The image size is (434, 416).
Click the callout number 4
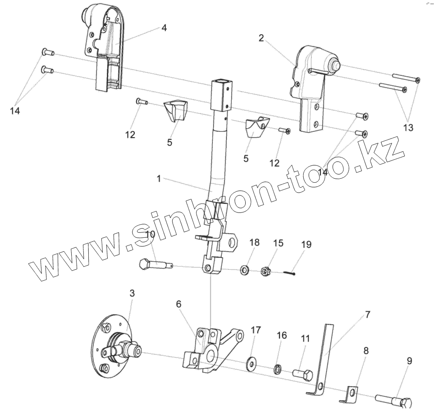click(x=164, y=28)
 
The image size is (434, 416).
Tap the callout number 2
click(x=261, y=38)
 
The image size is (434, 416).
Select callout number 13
click(x=408, y=128)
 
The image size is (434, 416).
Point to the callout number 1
click(x=159, y=179)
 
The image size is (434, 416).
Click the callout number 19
click(x=306, y=245)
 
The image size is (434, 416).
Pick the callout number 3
click(x=132, y=293)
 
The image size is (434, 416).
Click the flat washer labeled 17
click(x=251, y=363)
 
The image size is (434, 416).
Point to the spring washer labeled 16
click(x=279, y=370)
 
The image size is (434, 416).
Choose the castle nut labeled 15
click(x=266, y=271)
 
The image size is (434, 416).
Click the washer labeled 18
click(x=245, y=270)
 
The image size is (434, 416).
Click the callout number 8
click(x=365, y=350)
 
